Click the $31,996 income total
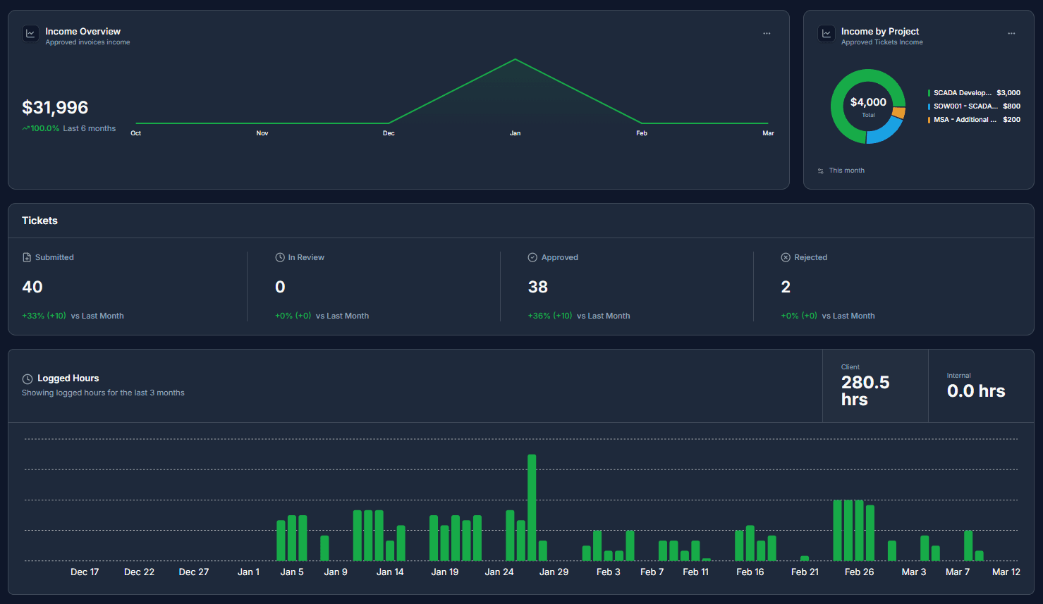[x=55, y=107]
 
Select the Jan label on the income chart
[x=515, y=133]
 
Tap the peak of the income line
[x=516, y=60]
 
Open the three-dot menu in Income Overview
[x=767, y=33]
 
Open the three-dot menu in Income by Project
[x=1011, y=33]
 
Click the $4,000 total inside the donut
[x=868, y=102]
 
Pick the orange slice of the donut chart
[x=898, y=113]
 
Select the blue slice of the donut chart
[x=886, y=131]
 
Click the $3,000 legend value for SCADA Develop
[x=1008, y=93]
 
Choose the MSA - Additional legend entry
[x=965, y=120]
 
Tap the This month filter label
[x=846, y=171]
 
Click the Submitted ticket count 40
[x=32, y=287]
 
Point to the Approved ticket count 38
[x=538, y=287]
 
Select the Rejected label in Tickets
[x=810, y=257]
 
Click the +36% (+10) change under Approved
[x=550, y=316]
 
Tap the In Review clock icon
[x=280, y=257]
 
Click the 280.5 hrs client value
[x=865, y=390]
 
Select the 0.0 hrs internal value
[x=976, y=391]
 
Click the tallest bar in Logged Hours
[x=532, y=507]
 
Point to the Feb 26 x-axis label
[x=859, y=572]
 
